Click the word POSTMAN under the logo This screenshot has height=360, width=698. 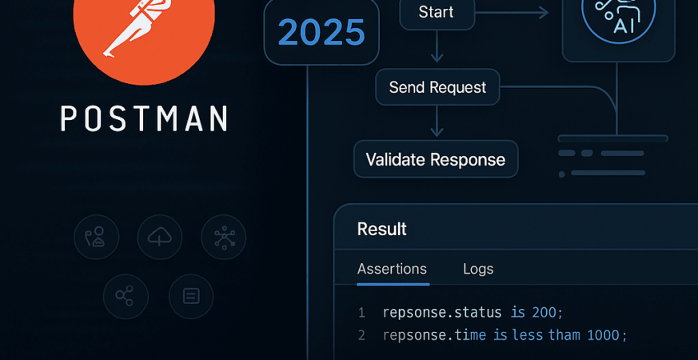click(x=144, y=118)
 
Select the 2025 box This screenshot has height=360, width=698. click(x=321, y=32)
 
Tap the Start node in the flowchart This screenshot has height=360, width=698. click(x=436, y=13)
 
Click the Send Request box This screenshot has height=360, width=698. click(x=437, y=87)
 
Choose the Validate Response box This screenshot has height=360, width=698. click(x=436, y=159)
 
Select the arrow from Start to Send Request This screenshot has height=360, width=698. click(x=436, y=48)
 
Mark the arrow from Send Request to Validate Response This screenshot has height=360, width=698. click(x=436, y=122)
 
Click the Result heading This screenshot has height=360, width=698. click(x=381, y=229)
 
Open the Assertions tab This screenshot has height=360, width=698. click(x=392, y=269)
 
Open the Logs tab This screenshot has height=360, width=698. click(x=478, y=269)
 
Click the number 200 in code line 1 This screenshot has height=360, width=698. click(x=547, y=312)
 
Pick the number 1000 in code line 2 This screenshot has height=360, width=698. click(x=604, y=335)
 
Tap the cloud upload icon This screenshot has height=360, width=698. click(x=160, y=237)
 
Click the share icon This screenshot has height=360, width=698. click(x=126, y=296)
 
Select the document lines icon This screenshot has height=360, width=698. click(x=191, y=296)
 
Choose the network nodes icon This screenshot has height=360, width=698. click(x=224, y=237)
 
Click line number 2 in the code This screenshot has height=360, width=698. click(x=361, y=335)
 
